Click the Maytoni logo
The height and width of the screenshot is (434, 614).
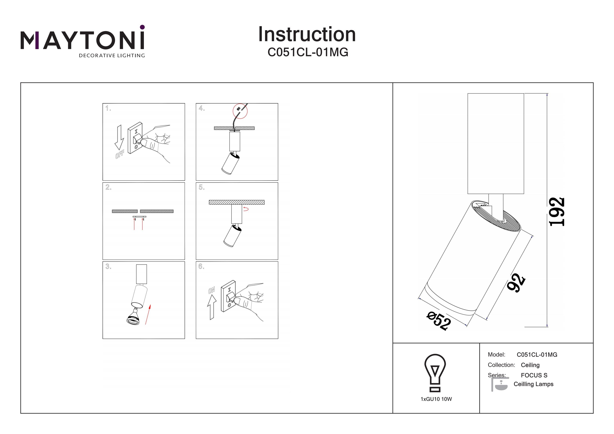click(83, 42)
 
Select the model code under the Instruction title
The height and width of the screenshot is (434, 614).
click(308, 52)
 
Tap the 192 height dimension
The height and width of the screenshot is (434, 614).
click(557, 212)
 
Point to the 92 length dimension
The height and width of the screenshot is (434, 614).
click(516, 283)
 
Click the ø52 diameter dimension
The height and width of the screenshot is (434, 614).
click(439, 321)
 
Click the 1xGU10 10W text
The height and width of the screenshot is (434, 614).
click(436, 399)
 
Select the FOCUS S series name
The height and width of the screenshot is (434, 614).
click(534, 375)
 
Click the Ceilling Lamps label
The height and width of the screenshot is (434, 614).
click(534, 384)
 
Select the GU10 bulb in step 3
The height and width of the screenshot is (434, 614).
click(133, 317)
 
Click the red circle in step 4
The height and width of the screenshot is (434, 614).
click(240, 111)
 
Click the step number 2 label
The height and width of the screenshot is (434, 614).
click(108, 187)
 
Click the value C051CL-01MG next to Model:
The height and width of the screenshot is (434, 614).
click(537, 355)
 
